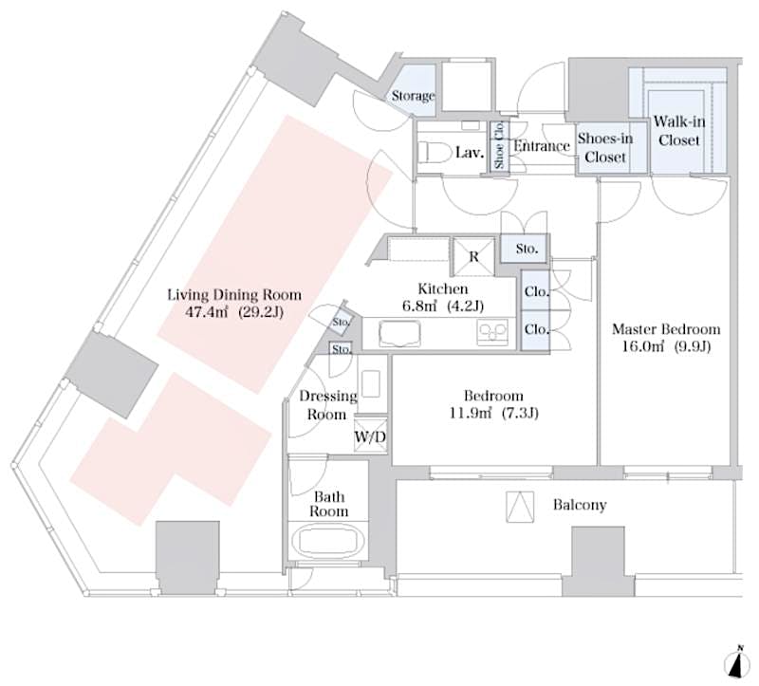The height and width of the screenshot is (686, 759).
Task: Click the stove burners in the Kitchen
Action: point(493,332)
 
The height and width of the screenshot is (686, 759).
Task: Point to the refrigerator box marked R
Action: point(473,255)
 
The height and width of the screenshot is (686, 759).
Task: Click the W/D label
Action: point(369,436)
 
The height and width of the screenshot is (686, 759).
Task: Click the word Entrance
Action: point(540,146)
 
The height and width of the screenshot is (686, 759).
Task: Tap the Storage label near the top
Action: point(413,96)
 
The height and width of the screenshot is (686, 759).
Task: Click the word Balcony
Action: point(579,505)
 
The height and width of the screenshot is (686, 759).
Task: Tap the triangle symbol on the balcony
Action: point(518,508)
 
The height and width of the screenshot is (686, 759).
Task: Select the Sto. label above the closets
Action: point(526,250)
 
